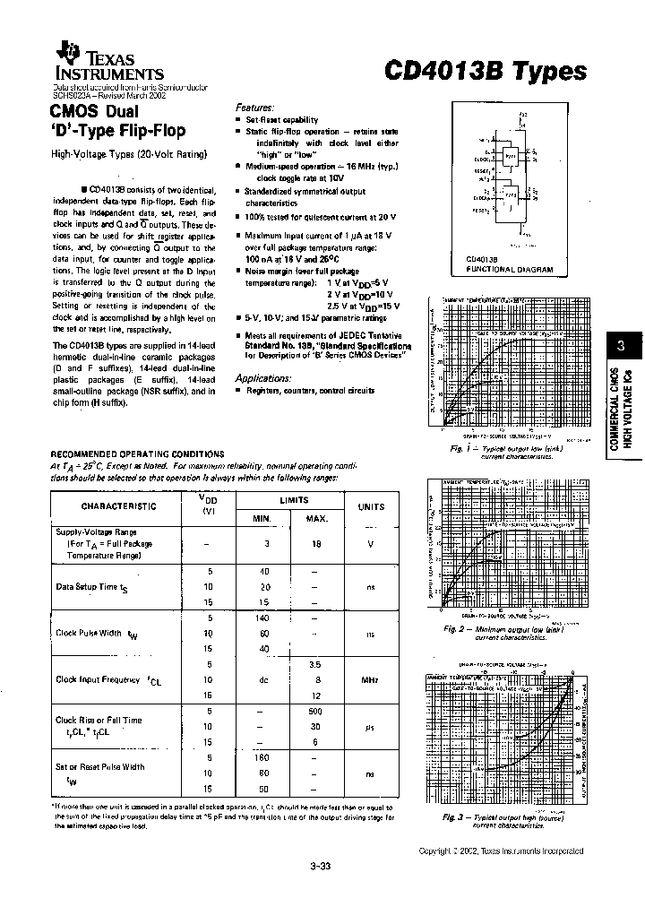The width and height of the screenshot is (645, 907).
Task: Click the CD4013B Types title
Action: [x=486, y=73]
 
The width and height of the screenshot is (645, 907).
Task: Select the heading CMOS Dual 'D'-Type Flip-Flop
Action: [x=118, y=121]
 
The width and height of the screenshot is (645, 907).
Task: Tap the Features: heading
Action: [x=254, y=106]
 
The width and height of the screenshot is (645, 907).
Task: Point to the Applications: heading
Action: [x=262, y=378]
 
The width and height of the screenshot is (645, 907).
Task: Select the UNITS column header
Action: [x=371, y=506]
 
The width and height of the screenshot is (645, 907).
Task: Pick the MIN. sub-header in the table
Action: [x=261, y=519]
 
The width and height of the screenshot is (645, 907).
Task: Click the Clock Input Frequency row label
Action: [x=98, y=679]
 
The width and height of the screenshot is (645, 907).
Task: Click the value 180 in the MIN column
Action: [x=262, y=758]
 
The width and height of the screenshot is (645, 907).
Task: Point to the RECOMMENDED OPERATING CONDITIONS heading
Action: [x=137, y=454]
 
